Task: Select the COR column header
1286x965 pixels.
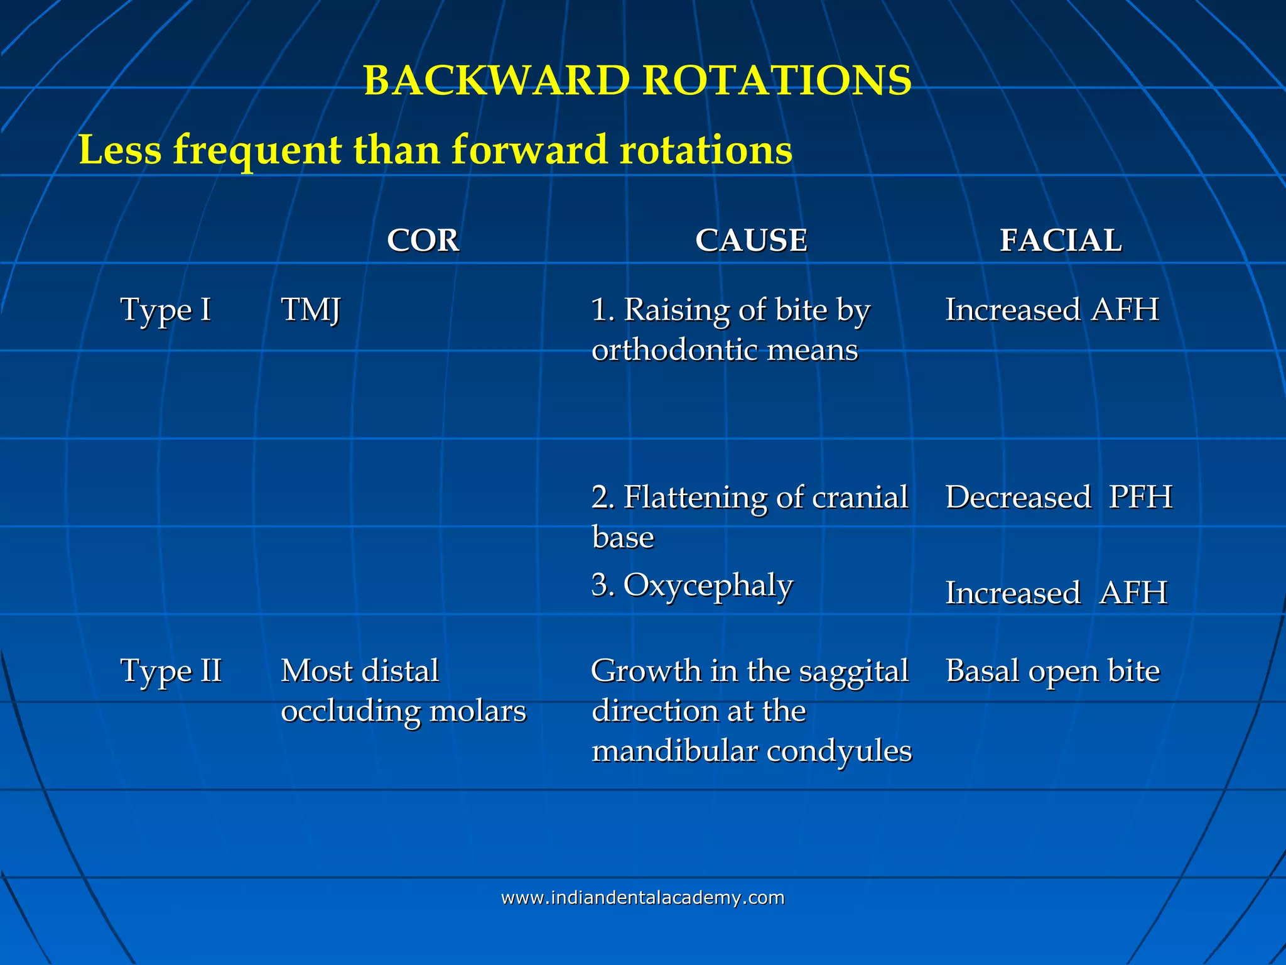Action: (423, 240)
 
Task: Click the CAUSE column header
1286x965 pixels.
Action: (751, 240)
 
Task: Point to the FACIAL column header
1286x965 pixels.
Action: (1061, 240)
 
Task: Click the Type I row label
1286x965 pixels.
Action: (165, 310)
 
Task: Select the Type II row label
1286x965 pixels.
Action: (171, 670)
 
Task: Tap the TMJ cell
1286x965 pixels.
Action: (310, 310)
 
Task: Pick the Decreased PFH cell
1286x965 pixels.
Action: (1059, 497)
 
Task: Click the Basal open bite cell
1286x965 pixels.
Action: (1052, 670)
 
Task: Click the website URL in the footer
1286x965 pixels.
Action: (642, 897)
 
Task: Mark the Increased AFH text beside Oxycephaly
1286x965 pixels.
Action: (1056, 592)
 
